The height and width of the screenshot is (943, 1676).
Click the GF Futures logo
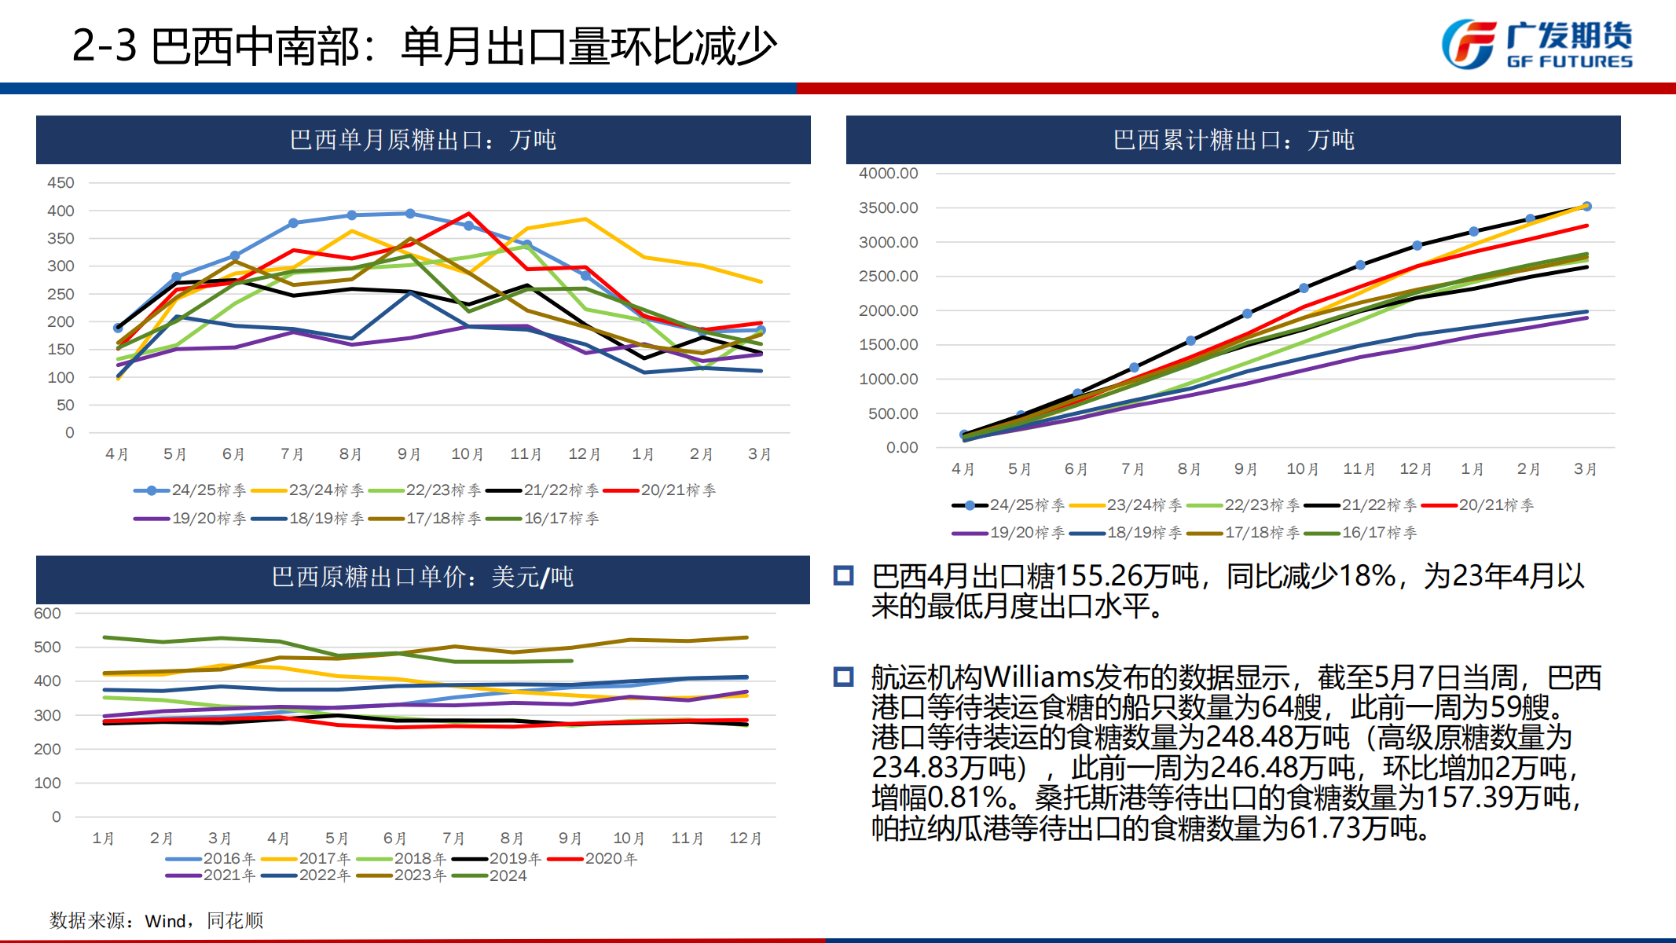tap(1536, 44)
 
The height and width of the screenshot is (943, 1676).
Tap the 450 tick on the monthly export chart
tap(61, 183)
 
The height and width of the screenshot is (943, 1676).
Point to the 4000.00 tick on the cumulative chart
tap(888, 173)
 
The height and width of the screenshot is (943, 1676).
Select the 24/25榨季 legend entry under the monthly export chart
tap(189, 490)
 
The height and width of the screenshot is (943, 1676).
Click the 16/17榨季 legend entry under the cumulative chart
tap(1361, 533)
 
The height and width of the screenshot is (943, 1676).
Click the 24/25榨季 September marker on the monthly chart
tap(410, 214)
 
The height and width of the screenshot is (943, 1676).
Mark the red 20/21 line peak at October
tap(468, 214)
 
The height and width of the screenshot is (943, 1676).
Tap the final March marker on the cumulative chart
tap(1586, 207)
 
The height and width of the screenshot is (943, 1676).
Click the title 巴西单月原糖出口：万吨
tap(423, 140)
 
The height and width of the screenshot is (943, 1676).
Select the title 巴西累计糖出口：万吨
tap(1233, 140)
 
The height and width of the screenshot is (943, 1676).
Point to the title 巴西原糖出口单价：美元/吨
tap(423, 577)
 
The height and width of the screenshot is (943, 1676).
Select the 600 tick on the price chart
tap(47, 614)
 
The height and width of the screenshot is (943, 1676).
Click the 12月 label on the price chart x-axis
tap(745, 838)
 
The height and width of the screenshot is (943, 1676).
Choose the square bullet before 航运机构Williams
tap(844, 677)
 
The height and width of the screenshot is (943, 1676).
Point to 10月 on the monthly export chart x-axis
tap(467, 454)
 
